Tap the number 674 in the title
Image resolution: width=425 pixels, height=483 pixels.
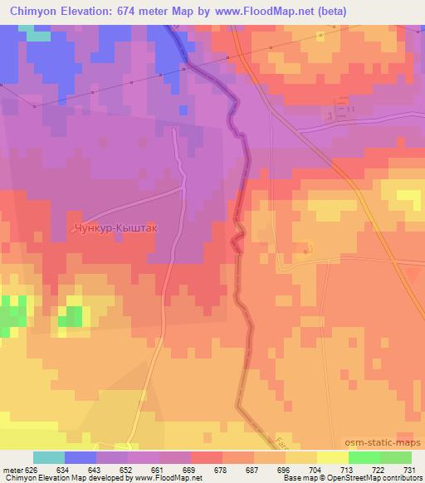point(131,12)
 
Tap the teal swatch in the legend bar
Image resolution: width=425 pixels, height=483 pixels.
point(48,457)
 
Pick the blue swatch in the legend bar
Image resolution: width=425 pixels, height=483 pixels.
point(81,457)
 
